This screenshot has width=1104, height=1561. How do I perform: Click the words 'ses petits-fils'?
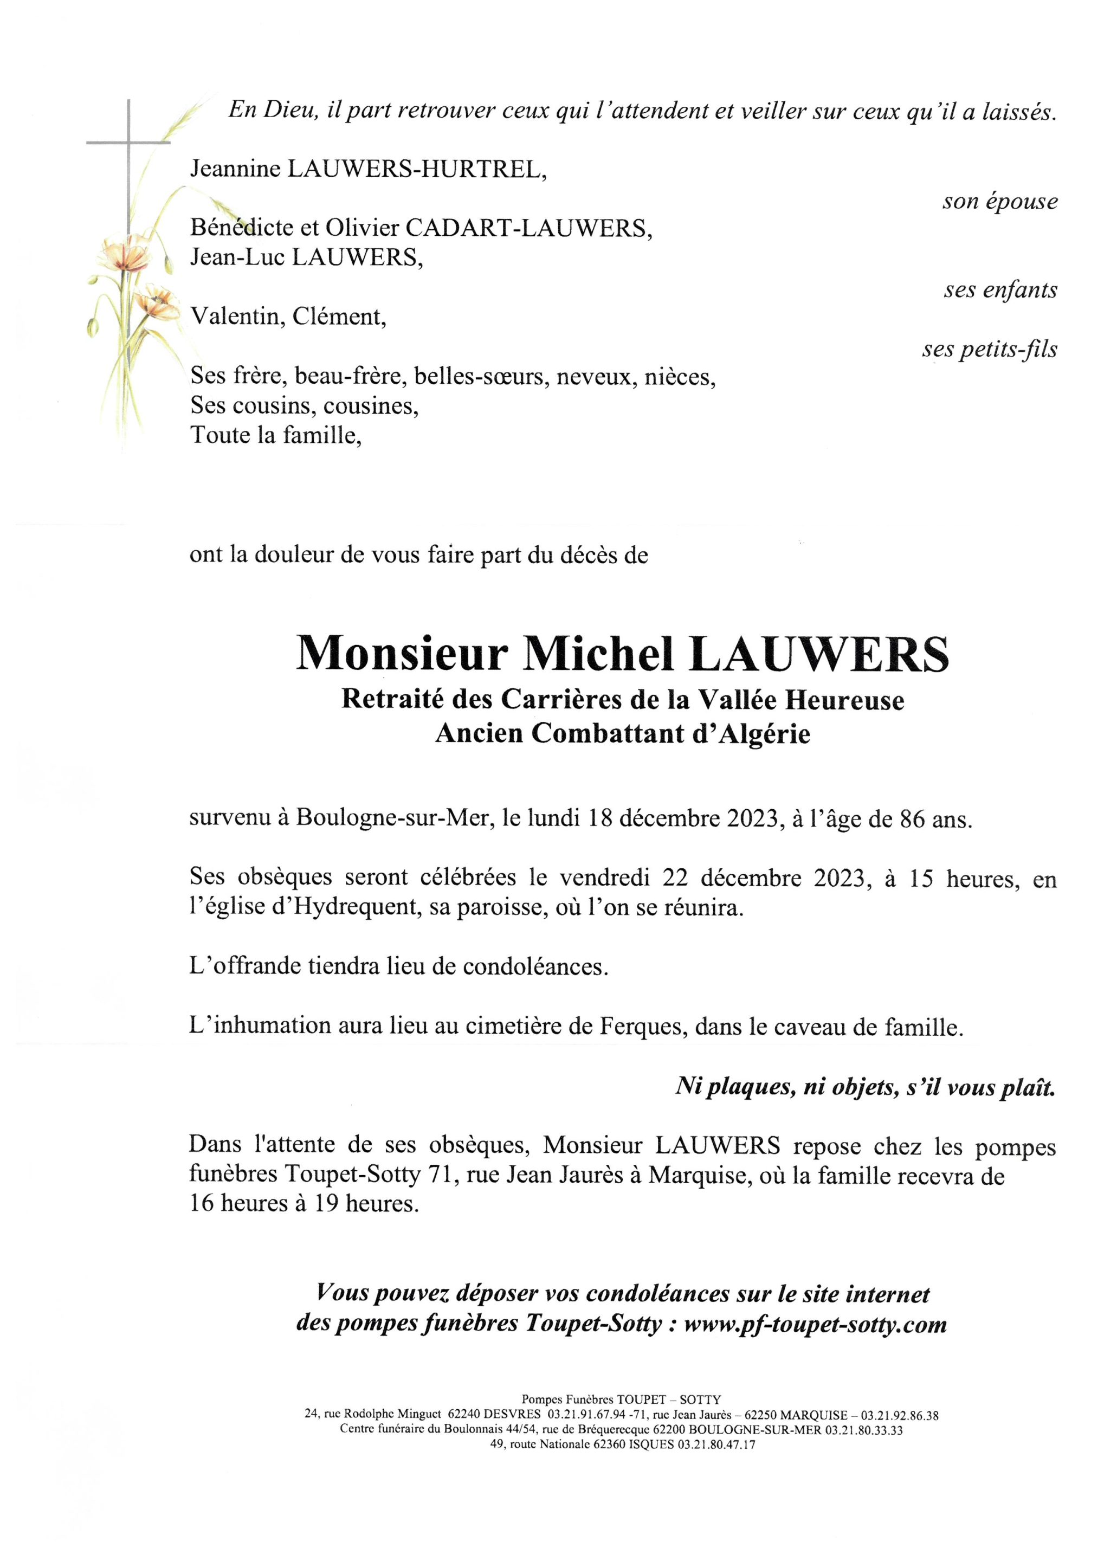click(989, 349)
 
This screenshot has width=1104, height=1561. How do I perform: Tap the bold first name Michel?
click(599, 653)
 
